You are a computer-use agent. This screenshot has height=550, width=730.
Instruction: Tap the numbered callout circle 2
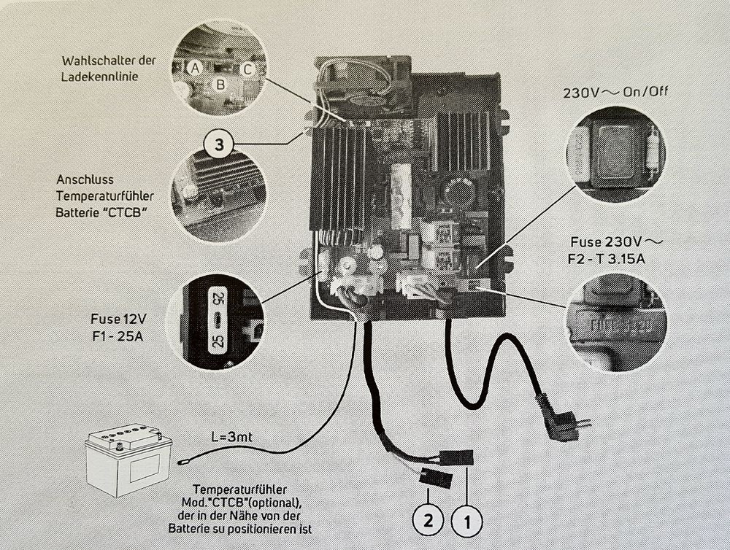point(428,520)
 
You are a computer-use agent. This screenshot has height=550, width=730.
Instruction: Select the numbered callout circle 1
point(467,520)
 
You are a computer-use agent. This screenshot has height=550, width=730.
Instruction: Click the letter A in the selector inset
point(193,68)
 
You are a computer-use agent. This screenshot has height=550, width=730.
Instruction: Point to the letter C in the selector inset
point(247,70)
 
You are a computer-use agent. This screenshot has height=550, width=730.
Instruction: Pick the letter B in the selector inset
point(219,85)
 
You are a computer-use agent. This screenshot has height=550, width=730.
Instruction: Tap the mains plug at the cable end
point(560,421)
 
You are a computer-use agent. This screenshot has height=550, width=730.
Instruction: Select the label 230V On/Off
point(615,93)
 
